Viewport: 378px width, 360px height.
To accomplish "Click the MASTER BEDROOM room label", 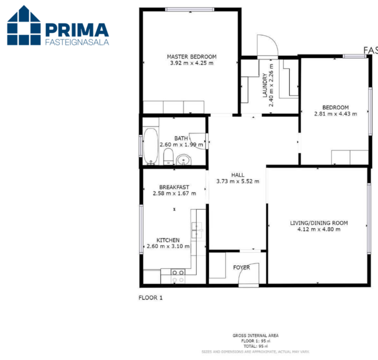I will (x=192, y=56).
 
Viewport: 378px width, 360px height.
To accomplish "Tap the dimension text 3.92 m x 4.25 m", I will (x=192, y=63).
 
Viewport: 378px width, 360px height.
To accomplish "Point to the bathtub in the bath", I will (x=150, y=146).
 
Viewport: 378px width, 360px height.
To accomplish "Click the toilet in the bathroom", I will (x=168, y=156).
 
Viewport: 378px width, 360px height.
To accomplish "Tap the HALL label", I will (x=237, y=174).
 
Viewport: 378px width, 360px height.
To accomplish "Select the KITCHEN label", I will (x=168, y=240).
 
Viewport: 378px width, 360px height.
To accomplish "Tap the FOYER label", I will (x=242, y=268).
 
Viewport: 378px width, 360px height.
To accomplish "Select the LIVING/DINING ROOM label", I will (x=319, y=222).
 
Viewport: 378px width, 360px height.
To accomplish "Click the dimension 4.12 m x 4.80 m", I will (x=319, y=229).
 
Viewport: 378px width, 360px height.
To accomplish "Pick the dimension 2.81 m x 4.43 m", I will (x=336, y=113).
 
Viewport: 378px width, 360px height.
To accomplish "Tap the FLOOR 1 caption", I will (x=151, y=298).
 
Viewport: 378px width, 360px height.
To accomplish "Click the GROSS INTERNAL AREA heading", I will (x=255, y=336).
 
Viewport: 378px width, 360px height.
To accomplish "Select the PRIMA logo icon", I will (x=24, y=26).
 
